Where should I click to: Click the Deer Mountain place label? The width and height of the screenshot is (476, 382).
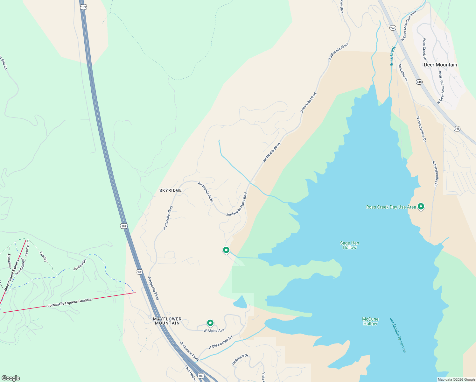(x=440, y=65)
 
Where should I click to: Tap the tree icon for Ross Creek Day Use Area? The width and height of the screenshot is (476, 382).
(x=421, y=207)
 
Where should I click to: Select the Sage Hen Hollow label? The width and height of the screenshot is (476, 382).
(x=349, y=245)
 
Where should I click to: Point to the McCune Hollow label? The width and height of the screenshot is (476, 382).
(x=370, y=321)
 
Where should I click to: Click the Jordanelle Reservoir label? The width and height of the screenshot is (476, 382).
(x=398, y=335)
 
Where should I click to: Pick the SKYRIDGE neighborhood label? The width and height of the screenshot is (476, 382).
(x=171, y=190)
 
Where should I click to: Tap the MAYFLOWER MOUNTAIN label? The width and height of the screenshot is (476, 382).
(x=167, y=321)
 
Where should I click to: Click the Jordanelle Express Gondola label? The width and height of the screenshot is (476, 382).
(x=70, y=302)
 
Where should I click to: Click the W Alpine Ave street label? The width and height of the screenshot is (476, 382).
(x=214, y=330)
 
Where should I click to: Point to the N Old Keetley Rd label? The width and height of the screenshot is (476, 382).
(x=220, y=342)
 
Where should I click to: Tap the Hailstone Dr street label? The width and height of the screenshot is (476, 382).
(x=240, y=359)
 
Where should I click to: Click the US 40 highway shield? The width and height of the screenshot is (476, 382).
(x=139, y=272)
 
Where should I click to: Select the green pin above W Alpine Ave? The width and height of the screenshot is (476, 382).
(x=210, y=323)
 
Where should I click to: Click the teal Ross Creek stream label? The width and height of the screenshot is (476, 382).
(x=393, y=56)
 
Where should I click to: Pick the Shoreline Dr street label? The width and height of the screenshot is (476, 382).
(x=403, y=73)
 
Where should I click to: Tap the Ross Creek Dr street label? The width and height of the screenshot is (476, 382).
(x=424, y=49)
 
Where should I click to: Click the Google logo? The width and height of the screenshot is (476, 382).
(x=11, y=378)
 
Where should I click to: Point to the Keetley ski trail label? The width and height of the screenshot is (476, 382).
(x=44, y=257)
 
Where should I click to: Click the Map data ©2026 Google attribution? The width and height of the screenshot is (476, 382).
(x=456, y=379)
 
